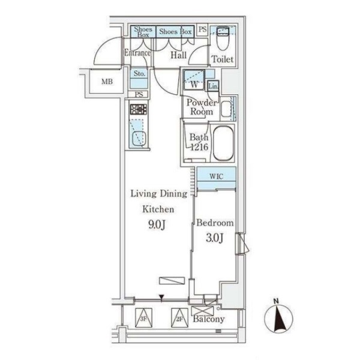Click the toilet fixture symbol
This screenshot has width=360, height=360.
click(x=223, y=38)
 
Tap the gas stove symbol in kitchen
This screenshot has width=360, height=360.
click(x=138, y=109)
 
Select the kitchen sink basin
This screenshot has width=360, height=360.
click(x=139, y=138)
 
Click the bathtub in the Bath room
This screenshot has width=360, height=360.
click(x=223, y=143)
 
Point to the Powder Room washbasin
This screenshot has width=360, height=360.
click(x=226, y=109)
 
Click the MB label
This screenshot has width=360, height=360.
click(x=107, y=82)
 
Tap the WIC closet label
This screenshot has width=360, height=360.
click(x=216, y=176)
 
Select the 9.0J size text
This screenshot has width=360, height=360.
click(x=157, y=224)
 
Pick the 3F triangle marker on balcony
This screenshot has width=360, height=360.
click(x=144, y=318)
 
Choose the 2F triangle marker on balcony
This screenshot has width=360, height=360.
click(x=179, y=318)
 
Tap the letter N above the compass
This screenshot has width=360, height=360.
click(x=276, y=301)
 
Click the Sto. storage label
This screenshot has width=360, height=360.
click(x=139, y=74)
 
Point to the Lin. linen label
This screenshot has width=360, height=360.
click(x=213, y=86)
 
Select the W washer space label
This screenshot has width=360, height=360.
click(x=194, y=85)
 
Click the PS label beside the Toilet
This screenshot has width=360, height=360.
click(x=203, y=29)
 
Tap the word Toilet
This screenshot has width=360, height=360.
click(x=222, y=59)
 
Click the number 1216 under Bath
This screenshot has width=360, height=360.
click(x=199, y=147)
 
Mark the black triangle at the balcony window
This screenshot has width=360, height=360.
click(x=162, y=298)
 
